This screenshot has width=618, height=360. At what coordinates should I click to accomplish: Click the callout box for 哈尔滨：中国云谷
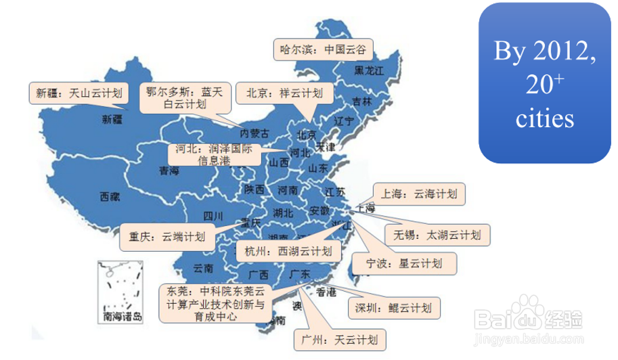coord(324,49)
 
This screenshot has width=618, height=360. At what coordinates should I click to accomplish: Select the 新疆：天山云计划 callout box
coord(79,93)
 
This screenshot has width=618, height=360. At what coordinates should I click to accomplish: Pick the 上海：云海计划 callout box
coord(420,194)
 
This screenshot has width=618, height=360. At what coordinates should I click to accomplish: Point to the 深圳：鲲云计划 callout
coord(393,309)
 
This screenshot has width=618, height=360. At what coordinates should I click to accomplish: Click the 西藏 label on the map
coord(110,198)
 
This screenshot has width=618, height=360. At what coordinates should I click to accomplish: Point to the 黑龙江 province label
coord(370,70)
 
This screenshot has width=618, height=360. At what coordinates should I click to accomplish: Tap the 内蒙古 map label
coord(255,133)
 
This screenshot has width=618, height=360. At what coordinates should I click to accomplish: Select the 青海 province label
coord(169,171)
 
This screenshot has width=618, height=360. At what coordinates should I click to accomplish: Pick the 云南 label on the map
coord(204,268)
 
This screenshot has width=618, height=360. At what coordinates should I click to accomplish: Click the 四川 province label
coord(213,217)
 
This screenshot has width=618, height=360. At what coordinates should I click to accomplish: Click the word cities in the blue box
coord(545,119)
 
